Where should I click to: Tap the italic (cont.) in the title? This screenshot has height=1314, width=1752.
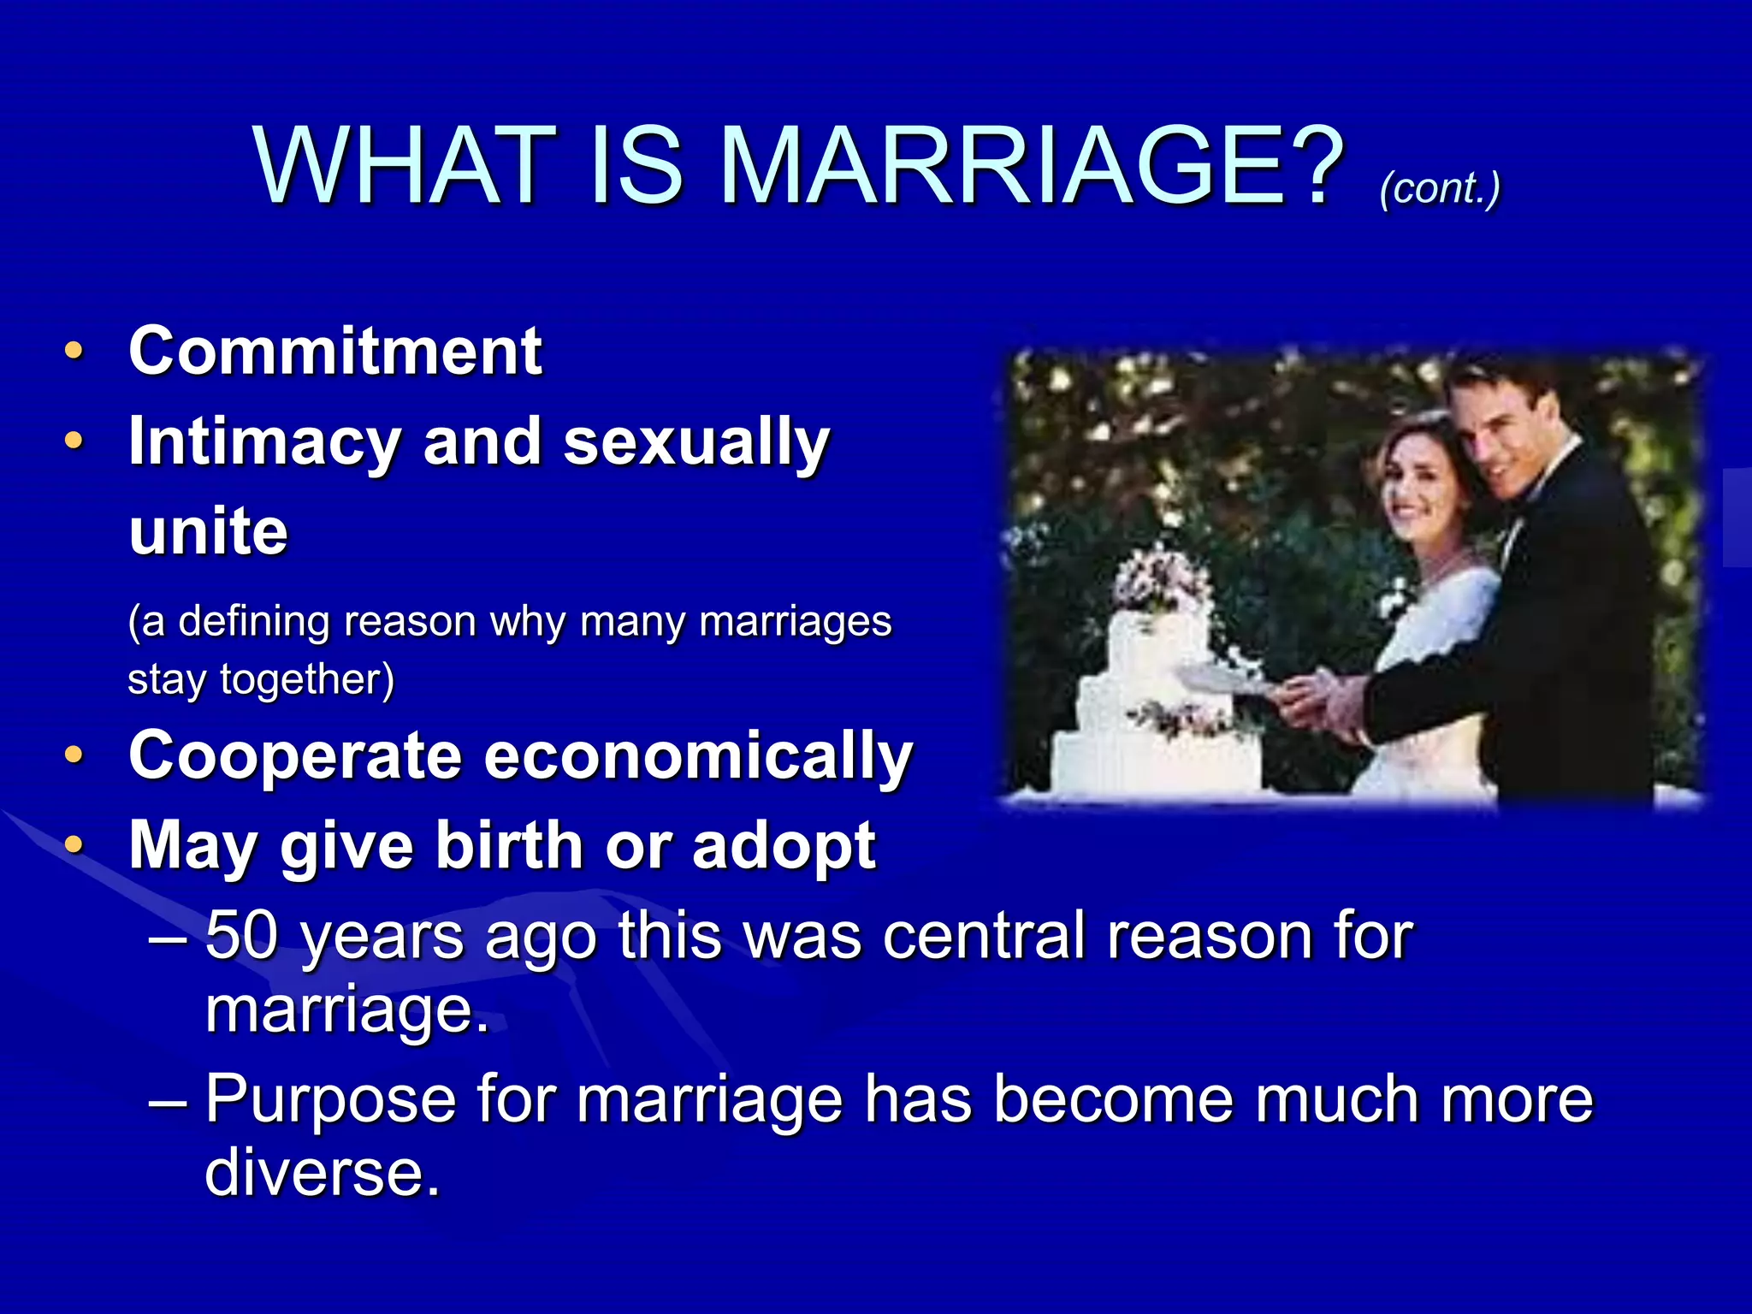pos(1440,187)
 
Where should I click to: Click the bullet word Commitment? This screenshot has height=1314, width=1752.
pos(334,351)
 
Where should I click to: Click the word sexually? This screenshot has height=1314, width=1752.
pos(696,442)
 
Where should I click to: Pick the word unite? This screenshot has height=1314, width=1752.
pos(208,531)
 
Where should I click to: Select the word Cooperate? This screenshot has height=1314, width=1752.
pos(295,756)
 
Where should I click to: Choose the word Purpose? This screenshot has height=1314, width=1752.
pos(330,1098)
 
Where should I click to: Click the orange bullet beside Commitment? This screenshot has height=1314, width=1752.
pos(74,351)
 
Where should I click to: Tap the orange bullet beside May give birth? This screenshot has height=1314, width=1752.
pos(74,845)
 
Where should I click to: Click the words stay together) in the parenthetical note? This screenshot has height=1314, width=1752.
pos(261,679)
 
